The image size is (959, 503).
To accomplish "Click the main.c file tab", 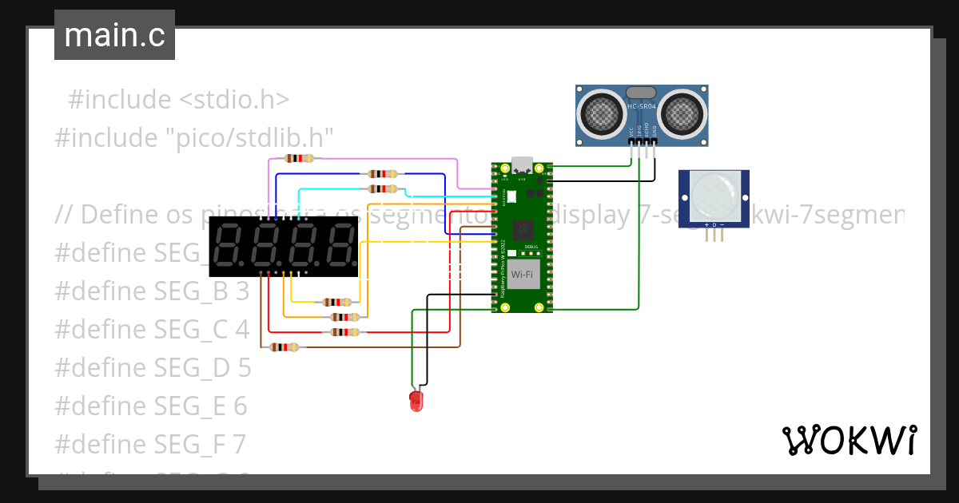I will coord(114,35).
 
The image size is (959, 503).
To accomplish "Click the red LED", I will coord(416,400).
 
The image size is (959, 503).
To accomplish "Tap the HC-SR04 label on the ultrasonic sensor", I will coord(641,107).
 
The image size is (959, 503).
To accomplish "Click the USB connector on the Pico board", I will coord(522,164).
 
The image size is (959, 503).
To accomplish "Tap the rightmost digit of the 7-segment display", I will coord(338,245).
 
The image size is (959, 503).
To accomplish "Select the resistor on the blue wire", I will coord(383,173).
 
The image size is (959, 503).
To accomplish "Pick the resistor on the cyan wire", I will coord(383,188).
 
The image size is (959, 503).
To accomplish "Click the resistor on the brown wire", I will coord(284,347).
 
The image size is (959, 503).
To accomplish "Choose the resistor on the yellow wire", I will coord(336,302).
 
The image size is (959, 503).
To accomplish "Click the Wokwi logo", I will coord(849,440).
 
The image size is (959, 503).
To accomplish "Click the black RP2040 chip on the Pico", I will coord(523,230).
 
